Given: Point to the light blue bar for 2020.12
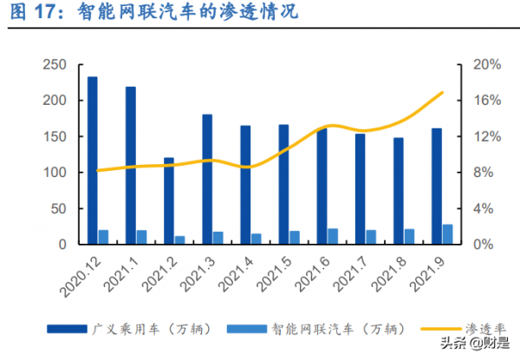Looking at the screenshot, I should click(103, 237).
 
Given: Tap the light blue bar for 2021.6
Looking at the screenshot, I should click(333, 236).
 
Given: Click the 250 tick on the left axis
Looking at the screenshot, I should click(55, 65).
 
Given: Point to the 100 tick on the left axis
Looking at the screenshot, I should click(55, 173).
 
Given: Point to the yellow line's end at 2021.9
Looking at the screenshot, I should click(443, 92).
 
